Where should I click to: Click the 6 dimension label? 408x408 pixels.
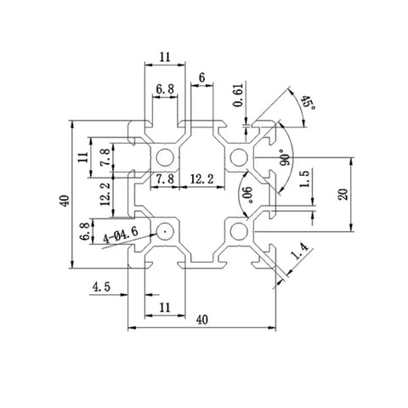click(201, 77)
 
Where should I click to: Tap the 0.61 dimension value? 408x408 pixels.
click(238, 95)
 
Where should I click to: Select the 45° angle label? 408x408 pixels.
click(308, 103)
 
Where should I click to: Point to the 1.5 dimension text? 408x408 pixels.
click(305, 179)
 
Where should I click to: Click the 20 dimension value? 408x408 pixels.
click(343, 195)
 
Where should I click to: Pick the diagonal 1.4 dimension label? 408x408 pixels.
click(299, 252)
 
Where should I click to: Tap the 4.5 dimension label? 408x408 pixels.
click(101, 287)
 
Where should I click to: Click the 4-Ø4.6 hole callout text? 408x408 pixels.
click(121, 235)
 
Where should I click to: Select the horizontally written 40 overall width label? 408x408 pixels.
click(202, 320)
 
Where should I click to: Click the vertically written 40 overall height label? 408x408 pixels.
click(65, 201)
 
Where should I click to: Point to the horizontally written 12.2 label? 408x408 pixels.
click(201, 179)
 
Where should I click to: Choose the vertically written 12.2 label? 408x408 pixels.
click(105, 194)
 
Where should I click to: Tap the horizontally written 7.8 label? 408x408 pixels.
click(165, 179)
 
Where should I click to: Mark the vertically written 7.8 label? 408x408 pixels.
click(105, 157)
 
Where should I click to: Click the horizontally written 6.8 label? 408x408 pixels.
click(165, 89)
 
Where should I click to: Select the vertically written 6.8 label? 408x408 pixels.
click(85, 231)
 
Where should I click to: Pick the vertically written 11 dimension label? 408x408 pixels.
click(83, 157)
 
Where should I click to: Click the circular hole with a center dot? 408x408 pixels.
click(165, 232)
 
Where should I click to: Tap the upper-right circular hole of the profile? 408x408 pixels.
click(239, 157)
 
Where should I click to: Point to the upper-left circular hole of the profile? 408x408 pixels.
click(165, 157)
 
